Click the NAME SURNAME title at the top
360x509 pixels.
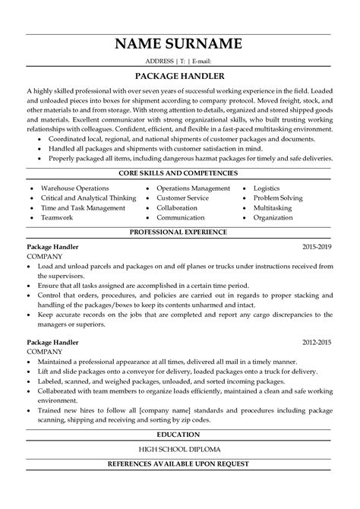point(179,42)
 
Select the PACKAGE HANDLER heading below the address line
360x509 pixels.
point(179,76)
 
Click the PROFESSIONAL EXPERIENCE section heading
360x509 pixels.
point(179,230)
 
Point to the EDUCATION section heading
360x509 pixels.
point(179,456)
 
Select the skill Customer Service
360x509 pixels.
point(184,197)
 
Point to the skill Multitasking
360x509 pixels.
point(298,207)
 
